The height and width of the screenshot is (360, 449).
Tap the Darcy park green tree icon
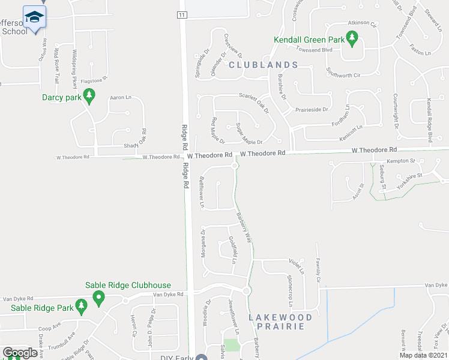[x=89, y=96]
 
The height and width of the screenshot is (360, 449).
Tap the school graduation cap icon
[x=35, y=18]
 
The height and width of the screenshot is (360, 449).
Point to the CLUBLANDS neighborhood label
[x=263, y=65]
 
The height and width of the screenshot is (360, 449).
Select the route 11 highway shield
[x=182, y=14]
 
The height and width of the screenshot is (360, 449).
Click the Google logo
[x=20, y=353]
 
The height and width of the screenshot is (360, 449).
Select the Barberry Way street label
[x=244, y=227]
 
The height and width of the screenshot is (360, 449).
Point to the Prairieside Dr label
[x=312, y=110]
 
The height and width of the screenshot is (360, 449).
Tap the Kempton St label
[x=402, y=161]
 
